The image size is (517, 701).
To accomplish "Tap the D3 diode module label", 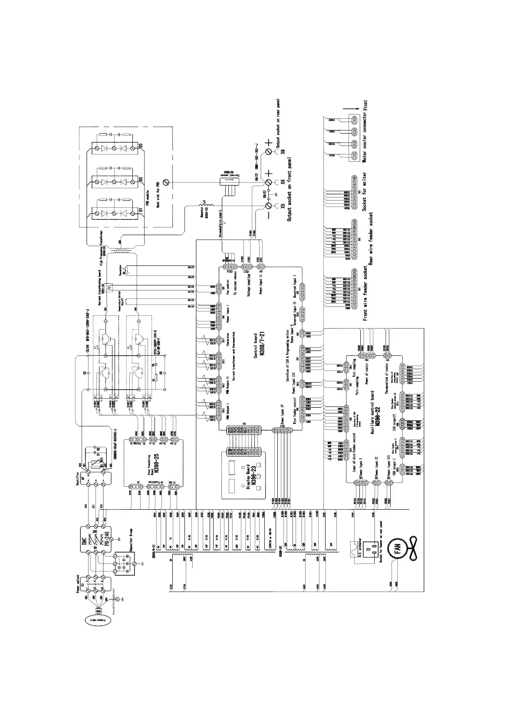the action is (141, 146).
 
